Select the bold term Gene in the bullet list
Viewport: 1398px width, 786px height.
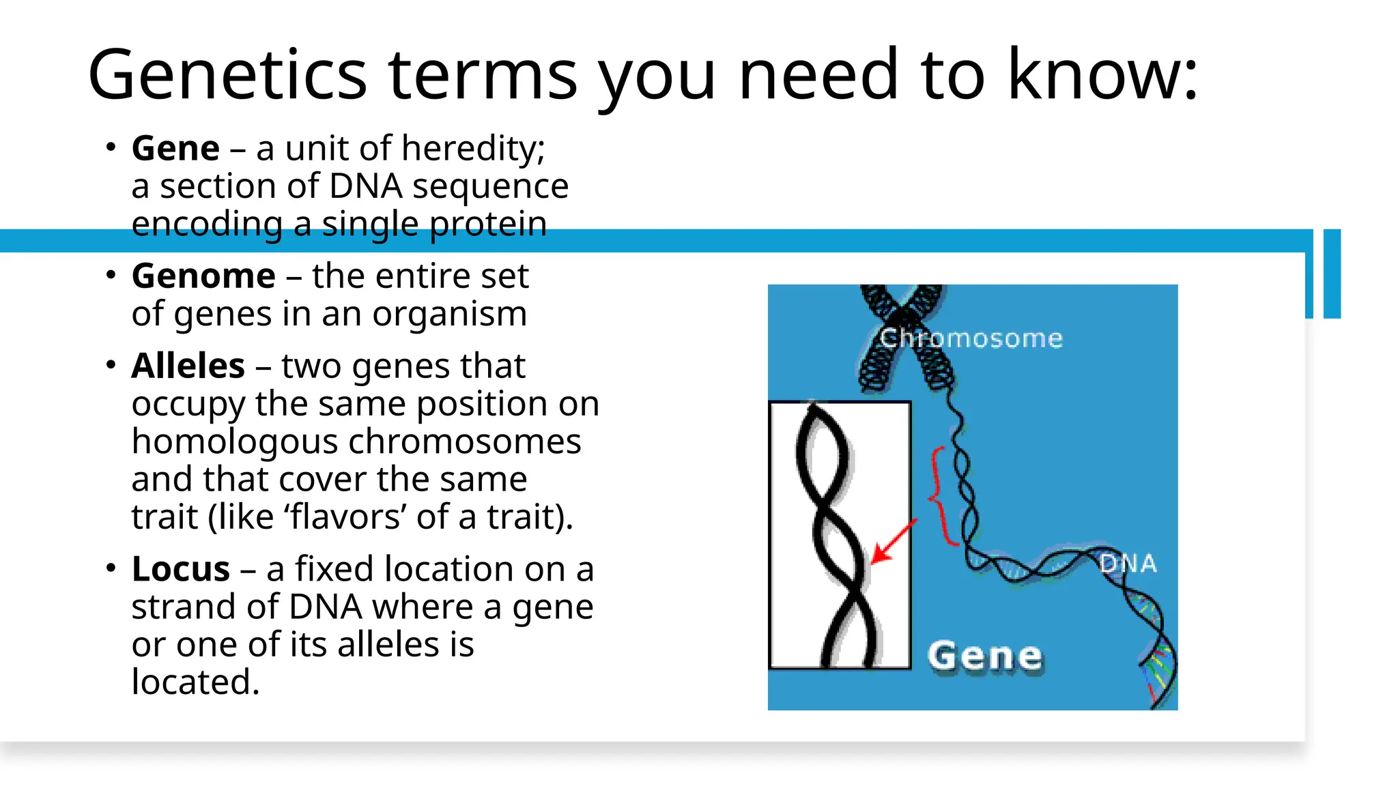(x=175, y=148)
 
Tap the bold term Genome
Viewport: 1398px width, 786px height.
(x=203, y=276)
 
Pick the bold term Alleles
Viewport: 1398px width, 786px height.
(x=188, y=366)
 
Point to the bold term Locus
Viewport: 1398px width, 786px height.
(x=180, y=568)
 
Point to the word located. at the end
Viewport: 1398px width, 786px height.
(x=195, y=682)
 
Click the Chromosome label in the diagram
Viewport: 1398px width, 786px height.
(x=970, y=338)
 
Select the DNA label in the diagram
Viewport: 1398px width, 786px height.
(x=1128, y=564)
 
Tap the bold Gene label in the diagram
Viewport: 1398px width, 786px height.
(x=984, y=656)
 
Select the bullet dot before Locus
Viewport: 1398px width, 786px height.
(x=111, y=568)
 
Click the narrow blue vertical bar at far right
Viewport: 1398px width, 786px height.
(x=1332, y=274)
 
